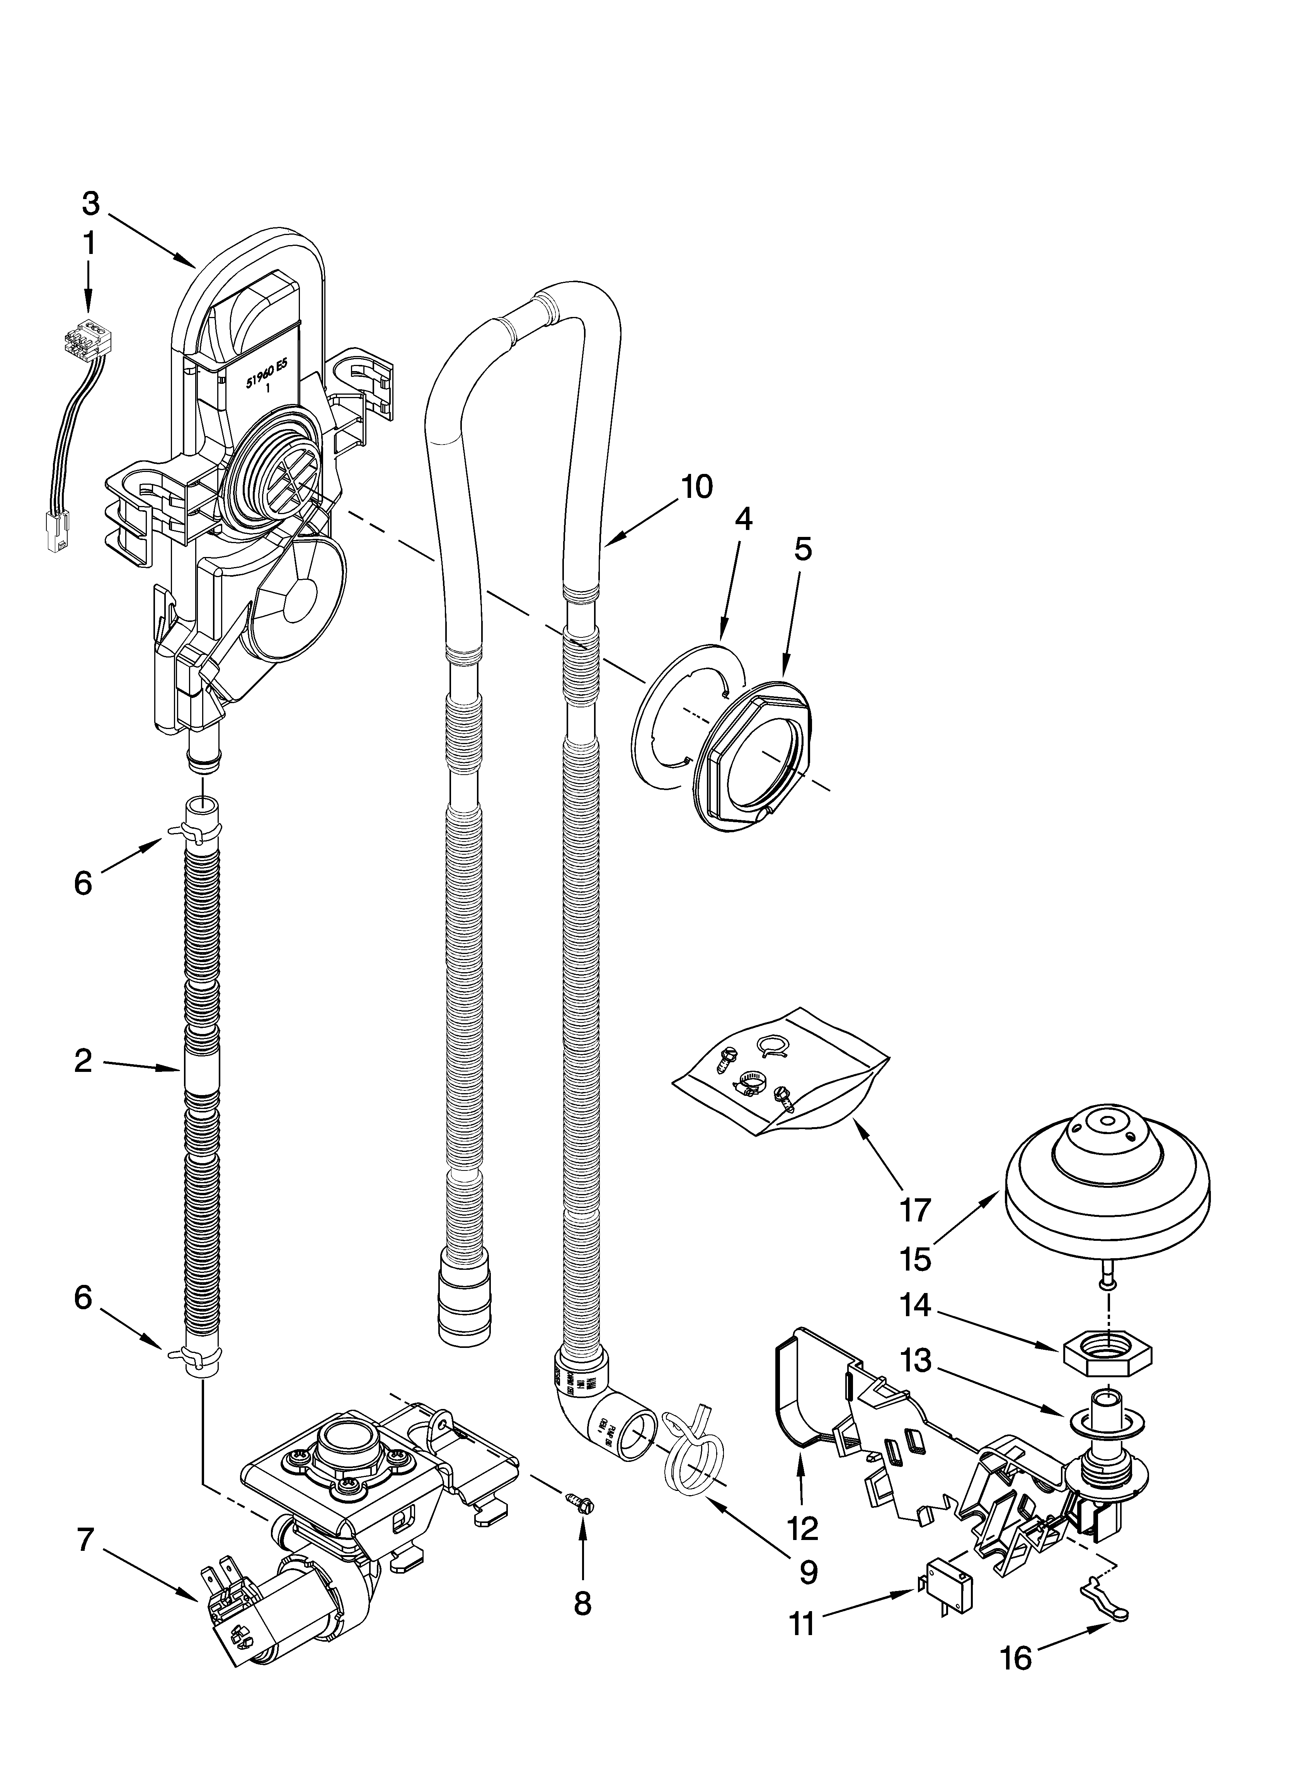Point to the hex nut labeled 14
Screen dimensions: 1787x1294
(1108, 1357)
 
